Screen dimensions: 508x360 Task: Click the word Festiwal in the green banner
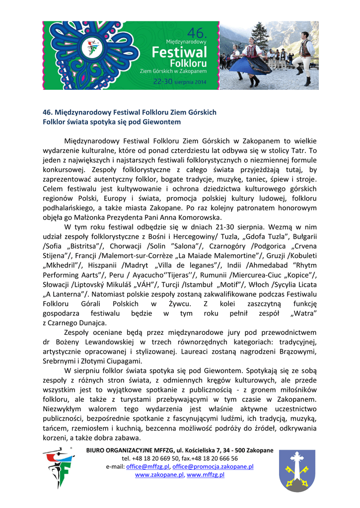(178, 53)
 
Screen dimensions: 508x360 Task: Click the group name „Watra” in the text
(304, 314)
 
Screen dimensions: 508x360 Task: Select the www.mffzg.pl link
(206, 475)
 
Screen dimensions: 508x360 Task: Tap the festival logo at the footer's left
(58, 468)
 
